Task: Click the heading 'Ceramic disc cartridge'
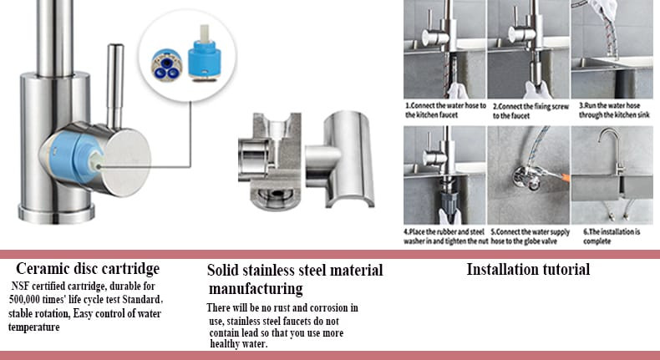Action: pyautogui.click(x=88, y=269)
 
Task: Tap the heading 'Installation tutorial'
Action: pyautogui.click(x=528, y=270)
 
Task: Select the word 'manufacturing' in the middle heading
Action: pyautogui.click(x=256, y=289)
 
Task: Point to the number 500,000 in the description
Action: pyautogui.click(x=24, y=300)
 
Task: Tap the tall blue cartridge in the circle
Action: pyautogui.click(x=204, y=53)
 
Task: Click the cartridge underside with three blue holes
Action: pyautogui.click(x=167, y=65)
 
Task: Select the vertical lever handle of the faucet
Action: pyautogui.click(x=114, y=86)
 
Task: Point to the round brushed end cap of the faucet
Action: pyautogui.click(x=126, y=163)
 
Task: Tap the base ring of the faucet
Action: pyautogui.click(x=57, y=213)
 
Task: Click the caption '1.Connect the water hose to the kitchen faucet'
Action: pyautogui.click(x=445, y=110)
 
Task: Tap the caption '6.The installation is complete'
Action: pyautogui.click(x=612, y=236)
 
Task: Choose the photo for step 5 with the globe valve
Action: pyautogui.click(x=529, y=175)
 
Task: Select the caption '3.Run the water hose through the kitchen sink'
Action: pyautogui.click(x=614, y=110)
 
